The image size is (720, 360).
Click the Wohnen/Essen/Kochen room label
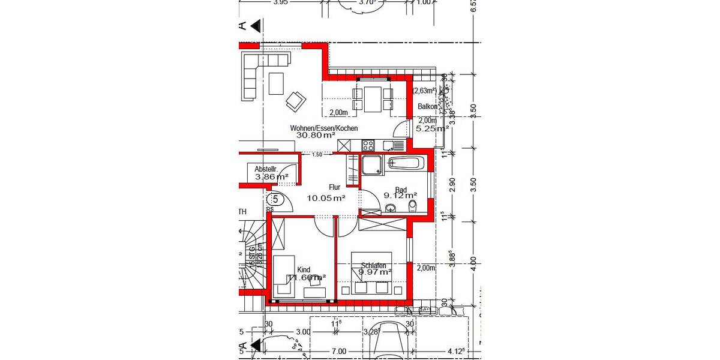(324, 128)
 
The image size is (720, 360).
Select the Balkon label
(427, 107)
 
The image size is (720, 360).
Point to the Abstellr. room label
(266, 169)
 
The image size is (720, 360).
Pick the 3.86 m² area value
(272, 177)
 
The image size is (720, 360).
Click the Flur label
(334, 187)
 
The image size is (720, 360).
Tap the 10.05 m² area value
(326, 198)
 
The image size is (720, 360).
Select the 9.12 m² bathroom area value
(400, 195)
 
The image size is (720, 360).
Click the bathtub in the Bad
(406, 163)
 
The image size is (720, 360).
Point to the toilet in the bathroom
(413, 206)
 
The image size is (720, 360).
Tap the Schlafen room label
(373, 265)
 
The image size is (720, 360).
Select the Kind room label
(304, 269)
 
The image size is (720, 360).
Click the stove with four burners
(368, 145)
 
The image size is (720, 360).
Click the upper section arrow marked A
(255, 25)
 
